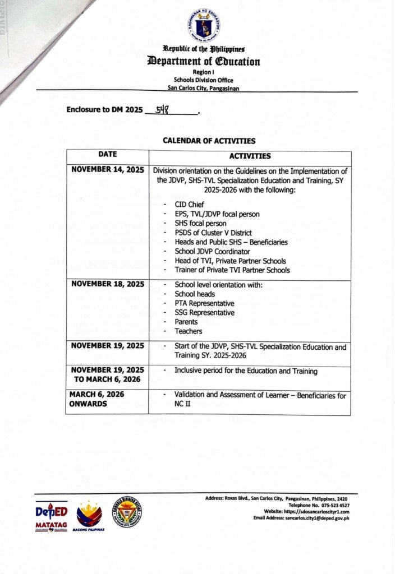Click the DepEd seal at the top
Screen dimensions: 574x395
204,24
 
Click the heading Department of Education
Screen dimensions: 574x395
204,61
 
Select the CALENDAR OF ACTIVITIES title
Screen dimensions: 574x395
209,141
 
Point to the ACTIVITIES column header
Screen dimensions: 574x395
250,156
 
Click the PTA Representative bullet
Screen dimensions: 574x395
204,303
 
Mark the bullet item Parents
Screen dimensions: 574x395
186,322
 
